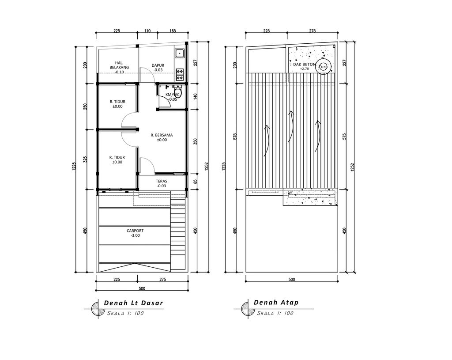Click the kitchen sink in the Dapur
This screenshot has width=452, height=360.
(x=180, y=54)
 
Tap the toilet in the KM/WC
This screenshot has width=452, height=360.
(x=177, y=91)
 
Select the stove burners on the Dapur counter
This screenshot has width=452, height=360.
(x=180, y=70)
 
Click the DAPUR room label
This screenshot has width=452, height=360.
(x=158, y=65)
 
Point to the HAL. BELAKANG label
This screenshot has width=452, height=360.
(x=119, y=65)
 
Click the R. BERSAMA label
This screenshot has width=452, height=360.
(x=162, y=135)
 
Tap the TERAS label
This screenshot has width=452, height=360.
(x=161, y=181)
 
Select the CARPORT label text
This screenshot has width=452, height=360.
(x=135, y=231)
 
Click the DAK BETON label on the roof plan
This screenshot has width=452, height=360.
(x=304, y=64)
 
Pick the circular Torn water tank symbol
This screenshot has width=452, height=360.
(x=324, y=67)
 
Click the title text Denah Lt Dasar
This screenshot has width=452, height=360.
(x=133, y=303)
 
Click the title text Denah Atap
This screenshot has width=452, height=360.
(x=276, y=303)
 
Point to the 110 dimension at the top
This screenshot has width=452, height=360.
(x=147, y=31)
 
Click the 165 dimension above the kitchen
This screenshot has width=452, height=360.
(x=173, y=31)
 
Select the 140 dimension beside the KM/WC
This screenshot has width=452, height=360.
(x=195, y=96)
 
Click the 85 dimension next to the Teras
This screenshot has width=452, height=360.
(x=195, y=181)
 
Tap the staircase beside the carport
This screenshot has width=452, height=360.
(x=177, y=234)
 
